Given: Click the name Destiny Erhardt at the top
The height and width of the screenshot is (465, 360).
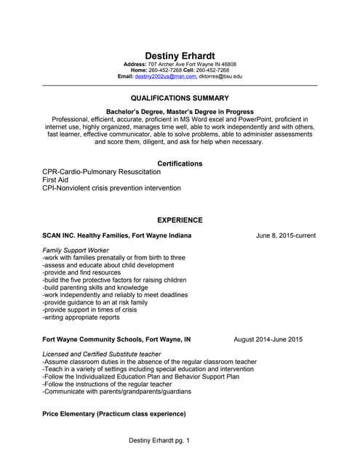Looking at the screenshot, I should [x=180, y=56].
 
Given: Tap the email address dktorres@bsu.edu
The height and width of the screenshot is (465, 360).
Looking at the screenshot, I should [x=221, y=76].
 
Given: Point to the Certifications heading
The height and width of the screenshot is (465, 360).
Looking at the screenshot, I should [x=180, y=163].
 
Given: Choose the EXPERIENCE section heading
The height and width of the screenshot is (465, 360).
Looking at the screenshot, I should [x=180, y=220].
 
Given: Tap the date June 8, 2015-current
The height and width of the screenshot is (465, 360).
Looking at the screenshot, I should [x=286, y=236].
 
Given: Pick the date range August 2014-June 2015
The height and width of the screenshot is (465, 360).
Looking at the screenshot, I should [x=268, y=339].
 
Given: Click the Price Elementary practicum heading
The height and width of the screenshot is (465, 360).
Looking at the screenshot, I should [x=114, y=413].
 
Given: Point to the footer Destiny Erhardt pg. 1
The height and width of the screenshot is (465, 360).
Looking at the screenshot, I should [x=159, y=441].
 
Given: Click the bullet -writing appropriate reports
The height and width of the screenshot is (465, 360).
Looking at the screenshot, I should [x=81, y=318].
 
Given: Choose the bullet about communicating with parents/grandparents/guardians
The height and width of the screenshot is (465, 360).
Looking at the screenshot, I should [x=116, y=391].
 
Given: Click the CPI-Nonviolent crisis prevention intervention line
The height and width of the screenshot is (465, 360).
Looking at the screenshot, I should [x=111, y=187].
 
